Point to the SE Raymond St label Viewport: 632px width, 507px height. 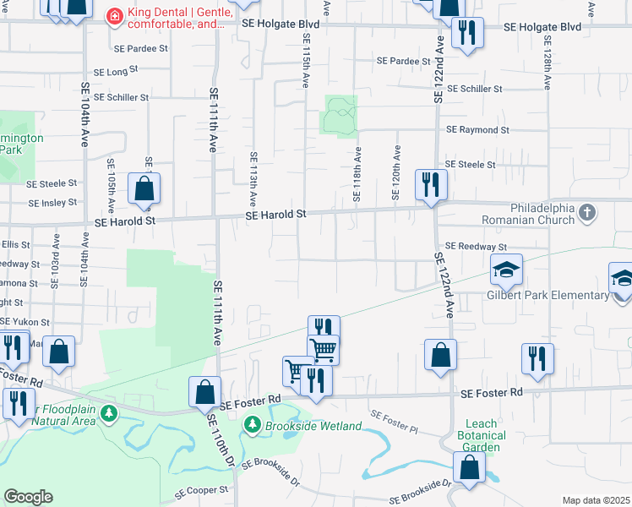point(477,130)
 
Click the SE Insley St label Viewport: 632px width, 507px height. point(52,203)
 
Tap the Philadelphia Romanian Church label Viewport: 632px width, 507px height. point(542,214)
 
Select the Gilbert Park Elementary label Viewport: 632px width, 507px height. point(548,295)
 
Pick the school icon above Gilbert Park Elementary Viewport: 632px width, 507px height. point(506,270)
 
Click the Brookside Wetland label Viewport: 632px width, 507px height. point(313,426)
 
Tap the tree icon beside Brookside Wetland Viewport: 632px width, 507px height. point(253,426)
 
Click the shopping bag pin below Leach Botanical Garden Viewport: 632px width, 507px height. point(469,466)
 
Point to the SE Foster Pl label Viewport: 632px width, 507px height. point(395,422)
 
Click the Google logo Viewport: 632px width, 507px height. point(28,497)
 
